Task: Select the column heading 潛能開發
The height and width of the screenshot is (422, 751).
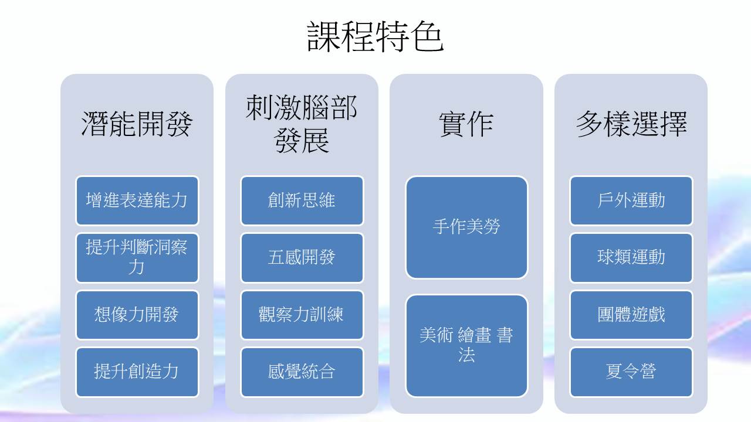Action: [x=137, y=124]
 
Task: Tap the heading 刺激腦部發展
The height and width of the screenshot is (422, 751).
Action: [x=302, y=125]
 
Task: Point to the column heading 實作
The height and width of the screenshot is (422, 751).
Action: [x=466, y=124]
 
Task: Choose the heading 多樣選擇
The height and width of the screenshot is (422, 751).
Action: [x=631, y=124]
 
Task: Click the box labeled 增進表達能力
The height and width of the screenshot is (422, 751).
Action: [x=137, y=200]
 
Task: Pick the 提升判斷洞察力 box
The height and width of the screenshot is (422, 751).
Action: [x=137, y=257]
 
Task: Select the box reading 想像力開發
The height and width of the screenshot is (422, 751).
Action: [x=137, y=315]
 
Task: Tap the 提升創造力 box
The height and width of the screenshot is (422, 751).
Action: [x=137, y=372]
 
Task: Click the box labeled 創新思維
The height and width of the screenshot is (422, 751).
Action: [x=302, y=200]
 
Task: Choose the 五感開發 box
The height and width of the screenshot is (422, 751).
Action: [x=302, y=257]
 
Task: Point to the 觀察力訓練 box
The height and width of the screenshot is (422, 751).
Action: [x=302, y=315]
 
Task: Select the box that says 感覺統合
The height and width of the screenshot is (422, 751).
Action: [x=302, y=372]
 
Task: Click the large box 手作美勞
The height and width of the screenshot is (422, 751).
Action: [x=466, y=227]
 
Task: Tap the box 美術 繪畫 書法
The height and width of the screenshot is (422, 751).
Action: [x=466, y=345]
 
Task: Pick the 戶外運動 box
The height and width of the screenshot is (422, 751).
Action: [x=631, y=200]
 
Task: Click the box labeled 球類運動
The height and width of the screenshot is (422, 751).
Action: [x=631, y=257]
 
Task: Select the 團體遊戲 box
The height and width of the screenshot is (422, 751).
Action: [x=631, y=315]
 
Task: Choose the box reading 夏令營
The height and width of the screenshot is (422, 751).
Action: [x=631, y=372]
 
